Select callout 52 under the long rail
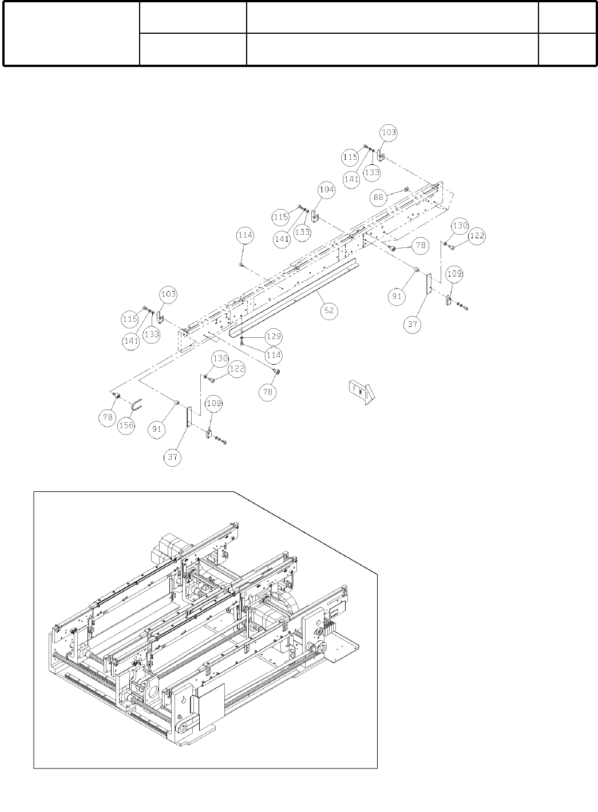(x=329, y=311)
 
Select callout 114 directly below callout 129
(x=274, y=355)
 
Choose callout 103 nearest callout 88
(x=388, y=132)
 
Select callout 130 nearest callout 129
(x=220, y=358)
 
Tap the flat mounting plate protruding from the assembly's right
(x=344, y=647)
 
